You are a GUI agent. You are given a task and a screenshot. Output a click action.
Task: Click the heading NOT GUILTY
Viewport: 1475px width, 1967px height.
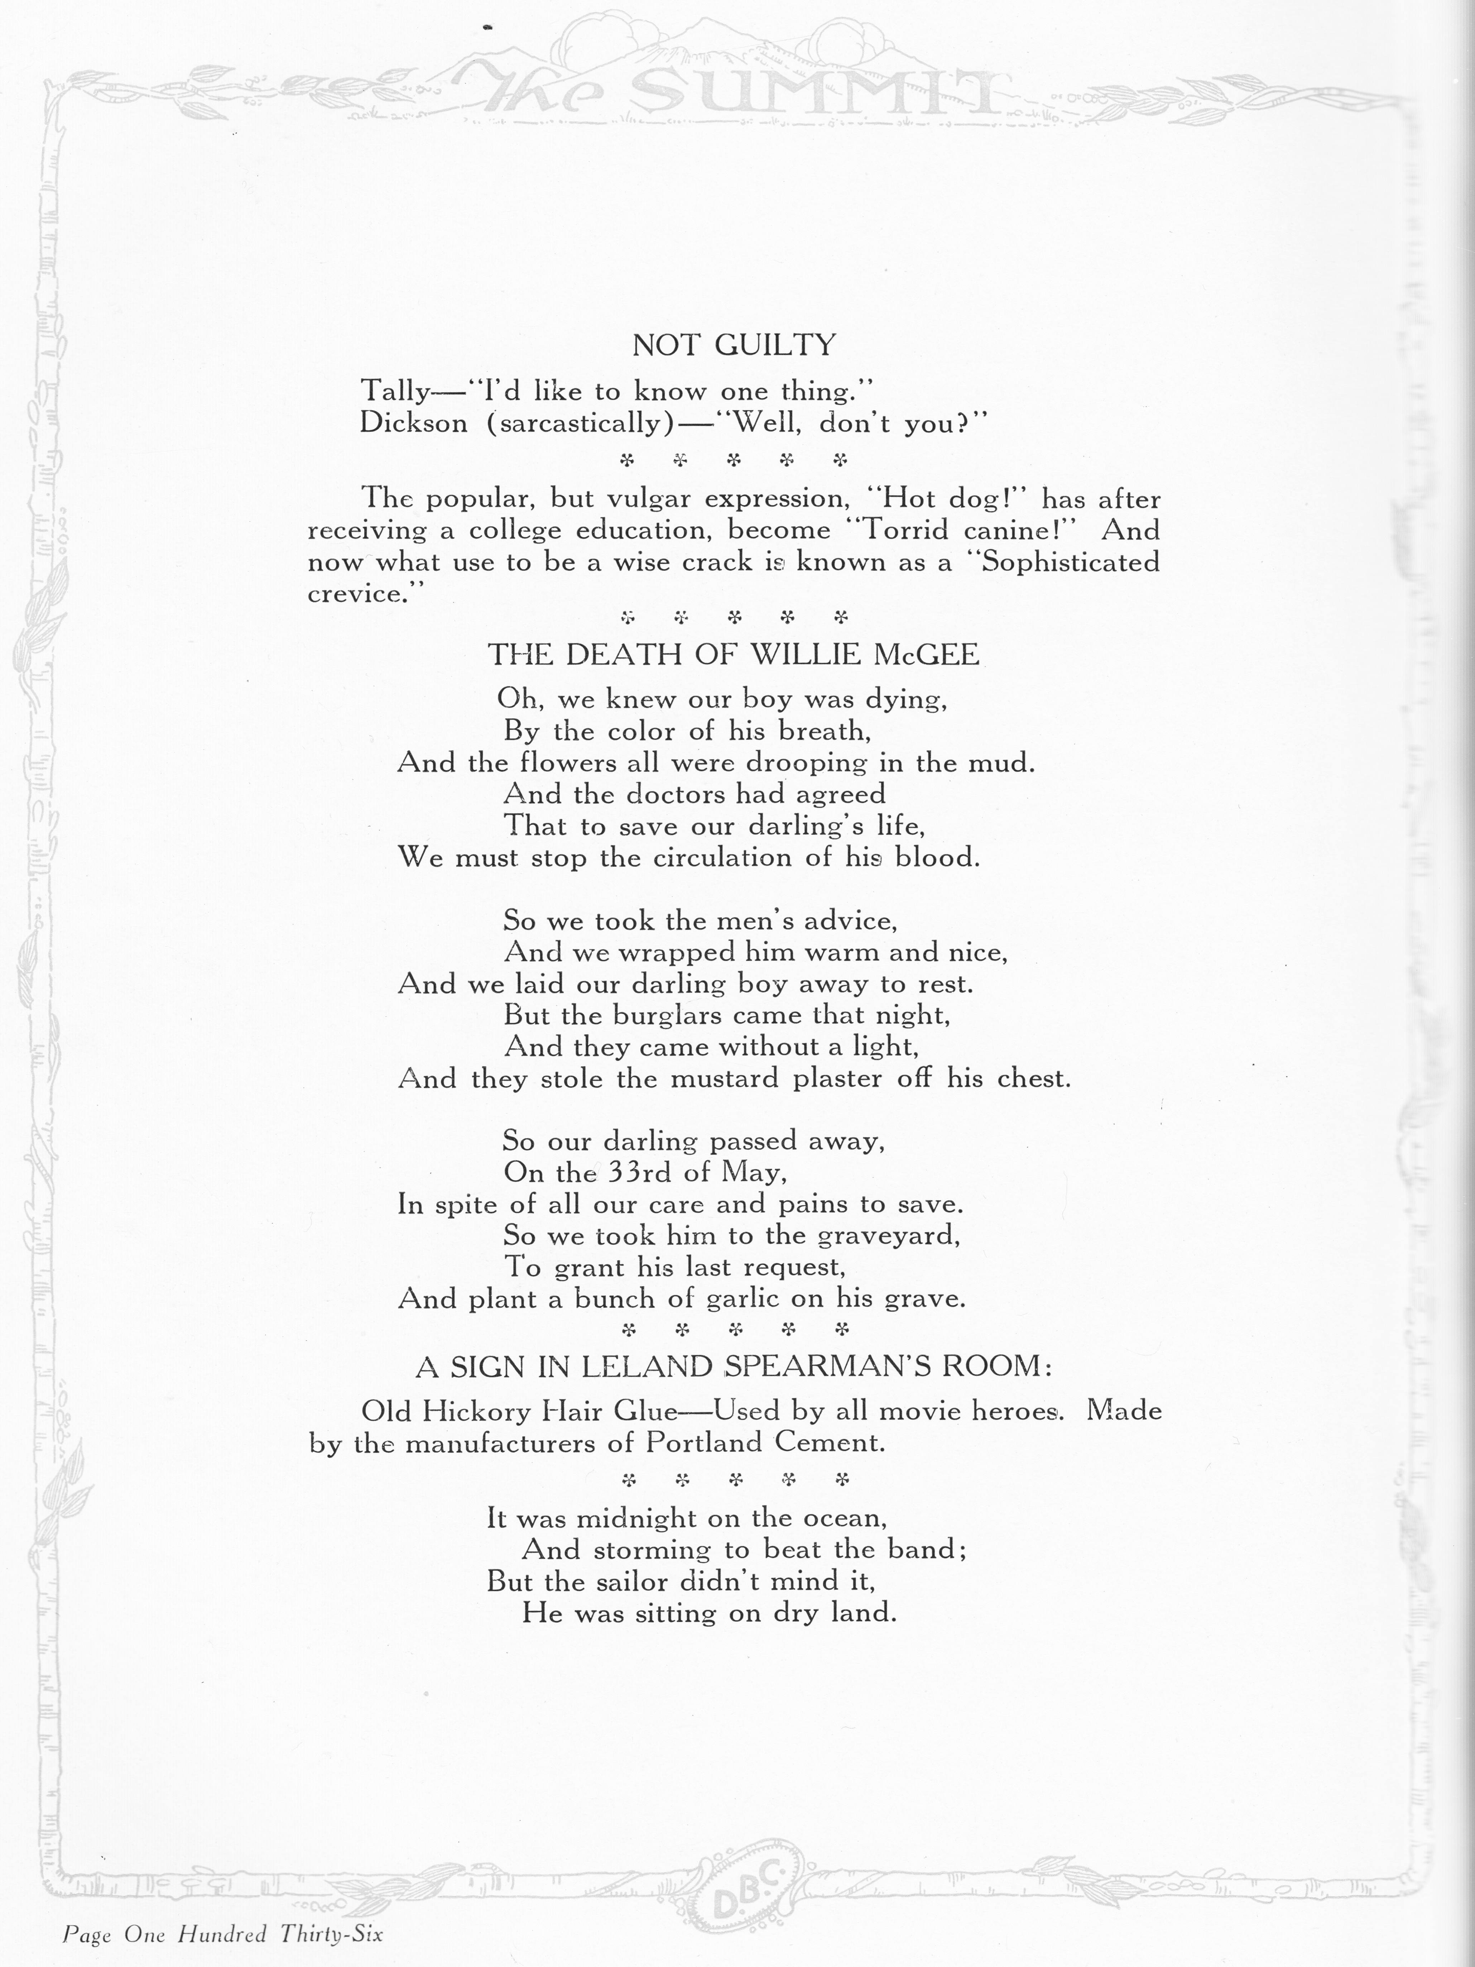(x=734, y=345)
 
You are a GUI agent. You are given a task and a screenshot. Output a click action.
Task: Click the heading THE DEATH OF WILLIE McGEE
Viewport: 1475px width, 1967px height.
(x=734, y=655)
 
